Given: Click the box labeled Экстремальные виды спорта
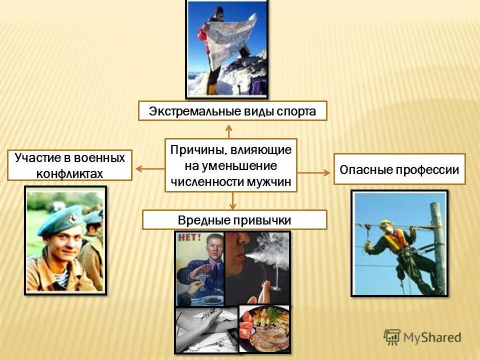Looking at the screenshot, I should tap(232, 110).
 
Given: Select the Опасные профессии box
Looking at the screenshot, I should tap(399, 169).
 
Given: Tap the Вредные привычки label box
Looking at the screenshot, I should tap(234, 220).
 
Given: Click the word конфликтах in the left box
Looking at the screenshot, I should tap(69, 173).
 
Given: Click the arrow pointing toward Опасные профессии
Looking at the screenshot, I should tap(315, 172).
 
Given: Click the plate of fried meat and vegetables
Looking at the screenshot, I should tap(264, 330).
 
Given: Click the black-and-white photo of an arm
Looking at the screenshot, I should tap(205, 327).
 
